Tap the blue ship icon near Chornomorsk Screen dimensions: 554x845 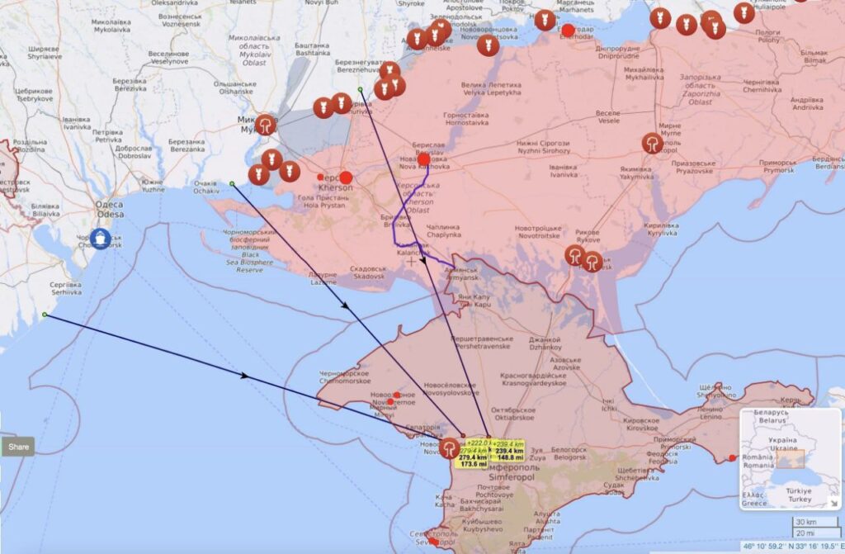pyautogui.click(x=101, y=238)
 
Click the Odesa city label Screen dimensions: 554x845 pyautogui.click(x=110, y=210)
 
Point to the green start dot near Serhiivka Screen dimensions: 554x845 pyautogui.click(x=45, y=315)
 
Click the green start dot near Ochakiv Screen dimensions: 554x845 pyautogui.click(x=232, y=183)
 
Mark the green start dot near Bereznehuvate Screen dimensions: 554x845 pyautogui.click(x=360, y=89)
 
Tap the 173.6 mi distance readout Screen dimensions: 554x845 pyautogui.click(x=474, y=464)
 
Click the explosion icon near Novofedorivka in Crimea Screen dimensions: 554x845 pyautogui.click(x=450, y=448)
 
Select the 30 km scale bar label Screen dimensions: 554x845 pyautogui.click(x=805, y=523)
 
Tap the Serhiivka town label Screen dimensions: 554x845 pyautogui.click(x=66, y=288)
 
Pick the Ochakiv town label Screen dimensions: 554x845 pyautogui.click(x=205, y=187)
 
